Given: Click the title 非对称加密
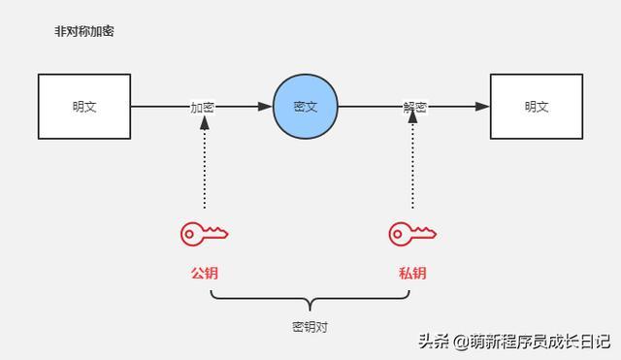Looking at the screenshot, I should click(x=85, y=32).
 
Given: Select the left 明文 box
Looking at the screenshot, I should click(x=84, y=106).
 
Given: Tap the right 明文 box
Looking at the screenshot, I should click(x=536, y=106).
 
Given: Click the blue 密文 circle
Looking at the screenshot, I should click(x=305, y=106).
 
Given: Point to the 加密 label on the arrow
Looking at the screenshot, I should click(x=203, y=107).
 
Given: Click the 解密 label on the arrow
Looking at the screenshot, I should click(x=414, y=107).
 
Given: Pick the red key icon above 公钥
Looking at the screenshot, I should click(x=204, y=233).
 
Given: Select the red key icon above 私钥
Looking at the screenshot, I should click(x=412, y=233).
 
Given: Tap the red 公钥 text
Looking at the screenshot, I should click(x=204, y=273).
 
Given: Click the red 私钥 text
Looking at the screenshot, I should click(x=412, y=273).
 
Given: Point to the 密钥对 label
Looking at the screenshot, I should click(x=310, y=327).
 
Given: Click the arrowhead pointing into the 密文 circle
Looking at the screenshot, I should click(x=265, y=106).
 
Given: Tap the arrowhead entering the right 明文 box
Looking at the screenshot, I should click(x=483, y=106).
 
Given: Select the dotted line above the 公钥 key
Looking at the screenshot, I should click(x=204, y=170).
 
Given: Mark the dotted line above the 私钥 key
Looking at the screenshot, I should click(x=412, y=170).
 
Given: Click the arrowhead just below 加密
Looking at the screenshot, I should click(x=204, y=123).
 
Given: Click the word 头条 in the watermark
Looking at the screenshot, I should click(x=434, y=341).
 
